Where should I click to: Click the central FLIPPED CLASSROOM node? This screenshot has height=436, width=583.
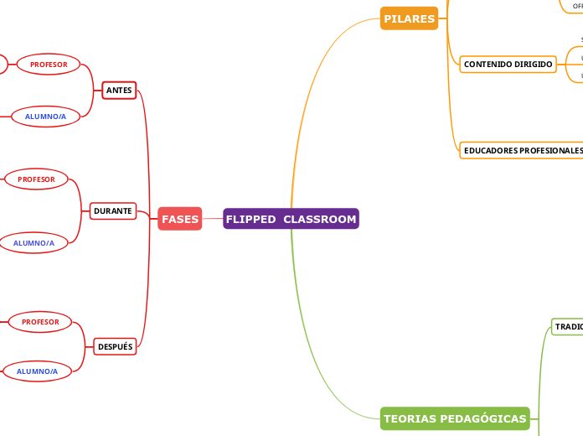click(x=291, y=219)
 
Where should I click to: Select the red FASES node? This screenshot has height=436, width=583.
click(x=180, y=219)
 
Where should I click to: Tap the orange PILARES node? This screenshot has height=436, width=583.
click(x=409, y=18)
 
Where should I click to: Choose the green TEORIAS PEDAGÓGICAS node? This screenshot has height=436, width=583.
click(x=455, y=418)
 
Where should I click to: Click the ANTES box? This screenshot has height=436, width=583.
click(x=119, y=90)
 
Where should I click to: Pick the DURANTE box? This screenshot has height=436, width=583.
click(x=113, y=211)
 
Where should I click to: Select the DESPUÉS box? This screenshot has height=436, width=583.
click(x=115, y=346)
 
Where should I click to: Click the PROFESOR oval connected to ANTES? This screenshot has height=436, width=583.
click(x=49, y=64)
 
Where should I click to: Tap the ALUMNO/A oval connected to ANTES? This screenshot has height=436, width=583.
click(x=45, y=117)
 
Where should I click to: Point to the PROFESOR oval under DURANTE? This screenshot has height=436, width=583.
click(x=37, y=179)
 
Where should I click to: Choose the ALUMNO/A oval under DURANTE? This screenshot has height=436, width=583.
click(x=34, y=243)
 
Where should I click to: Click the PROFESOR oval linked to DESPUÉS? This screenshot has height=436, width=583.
click(x=40, y=321)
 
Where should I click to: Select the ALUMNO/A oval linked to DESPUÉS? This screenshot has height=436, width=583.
click(x=37, y=371)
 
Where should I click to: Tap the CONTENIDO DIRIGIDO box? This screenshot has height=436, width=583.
click(x=508, y=64)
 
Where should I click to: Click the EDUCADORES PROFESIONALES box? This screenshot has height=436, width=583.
click(x=522, y=150)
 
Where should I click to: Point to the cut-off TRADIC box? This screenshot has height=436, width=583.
click(x=567, y=326)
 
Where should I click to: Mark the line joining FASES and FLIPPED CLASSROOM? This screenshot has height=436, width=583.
click(x=212, y=219)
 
